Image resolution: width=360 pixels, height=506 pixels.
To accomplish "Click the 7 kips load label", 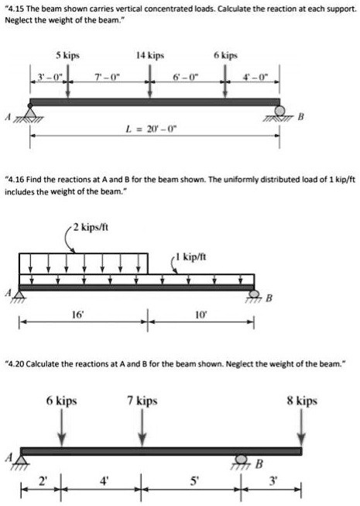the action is (142, 401).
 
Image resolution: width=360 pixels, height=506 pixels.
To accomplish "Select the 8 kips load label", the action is (301, 401).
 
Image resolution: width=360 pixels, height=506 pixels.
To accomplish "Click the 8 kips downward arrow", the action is (301, 428).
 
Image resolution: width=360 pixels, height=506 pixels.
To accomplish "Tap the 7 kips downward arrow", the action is (142, 428).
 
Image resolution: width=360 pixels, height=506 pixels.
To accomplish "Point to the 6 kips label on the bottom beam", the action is (61, 401).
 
